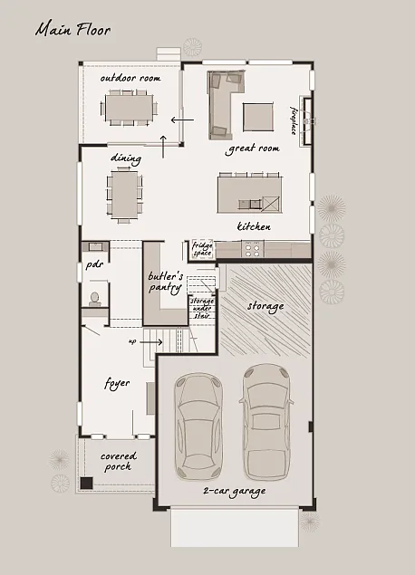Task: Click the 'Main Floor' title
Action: (x=72, y=30)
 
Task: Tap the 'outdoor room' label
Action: (x=130, y=79)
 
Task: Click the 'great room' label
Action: (x=253, y=149)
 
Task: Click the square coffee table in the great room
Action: (x=257, y=115)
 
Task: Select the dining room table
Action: (x=125, y=194)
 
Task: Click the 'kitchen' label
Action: (x=254, y=225)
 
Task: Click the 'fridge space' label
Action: (x=201, y=248)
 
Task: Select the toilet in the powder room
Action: (x=92, y=298)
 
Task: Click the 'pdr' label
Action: (x=93, y=266)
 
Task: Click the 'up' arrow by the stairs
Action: (x=145, y=342)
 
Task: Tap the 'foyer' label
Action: (x=118, y=383)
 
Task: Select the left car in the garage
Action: (x=198, y=424)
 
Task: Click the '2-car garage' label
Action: (x=235, y=492)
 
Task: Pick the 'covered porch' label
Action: (x=116, y=461)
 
